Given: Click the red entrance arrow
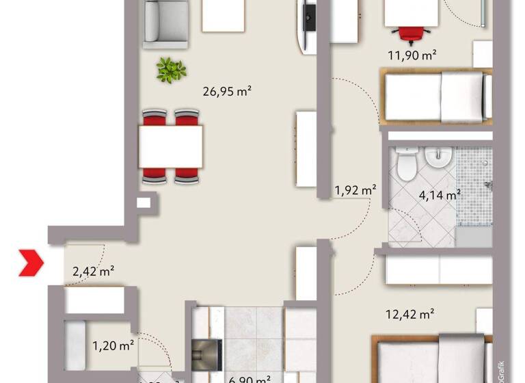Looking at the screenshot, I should click(x=31, y=263).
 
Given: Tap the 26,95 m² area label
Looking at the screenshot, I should click(x=228, y=91).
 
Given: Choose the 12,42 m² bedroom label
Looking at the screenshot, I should click(x=410, y=315).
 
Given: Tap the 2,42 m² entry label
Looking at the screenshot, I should click(x=93, y=272).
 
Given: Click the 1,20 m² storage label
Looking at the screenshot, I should click(x=112, y=345).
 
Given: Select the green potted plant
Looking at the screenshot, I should click(x=170, y=69).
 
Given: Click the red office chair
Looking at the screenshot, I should click(x=411, y=33).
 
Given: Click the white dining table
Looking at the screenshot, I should click(x=170, y=146).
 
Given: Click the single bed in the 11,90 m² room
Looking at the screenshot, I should click(x=437, y=97).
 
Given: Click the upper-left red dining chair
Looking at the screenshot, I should click(x=154, y=117).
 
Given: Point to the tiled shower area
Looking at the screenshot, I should click(x=473, y=185).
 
